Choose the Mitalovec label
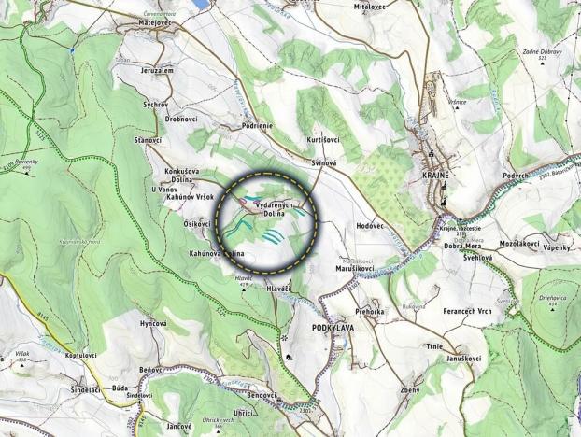coord(370,6)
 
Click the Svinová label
coord(323,162)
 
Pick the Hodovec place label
coord(371,227)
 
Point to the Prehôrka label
coord(370,312)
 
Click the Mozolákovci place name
coord(518,244)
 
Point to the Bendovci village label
coord(254,395)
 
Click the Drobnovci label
coord(180,120)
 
